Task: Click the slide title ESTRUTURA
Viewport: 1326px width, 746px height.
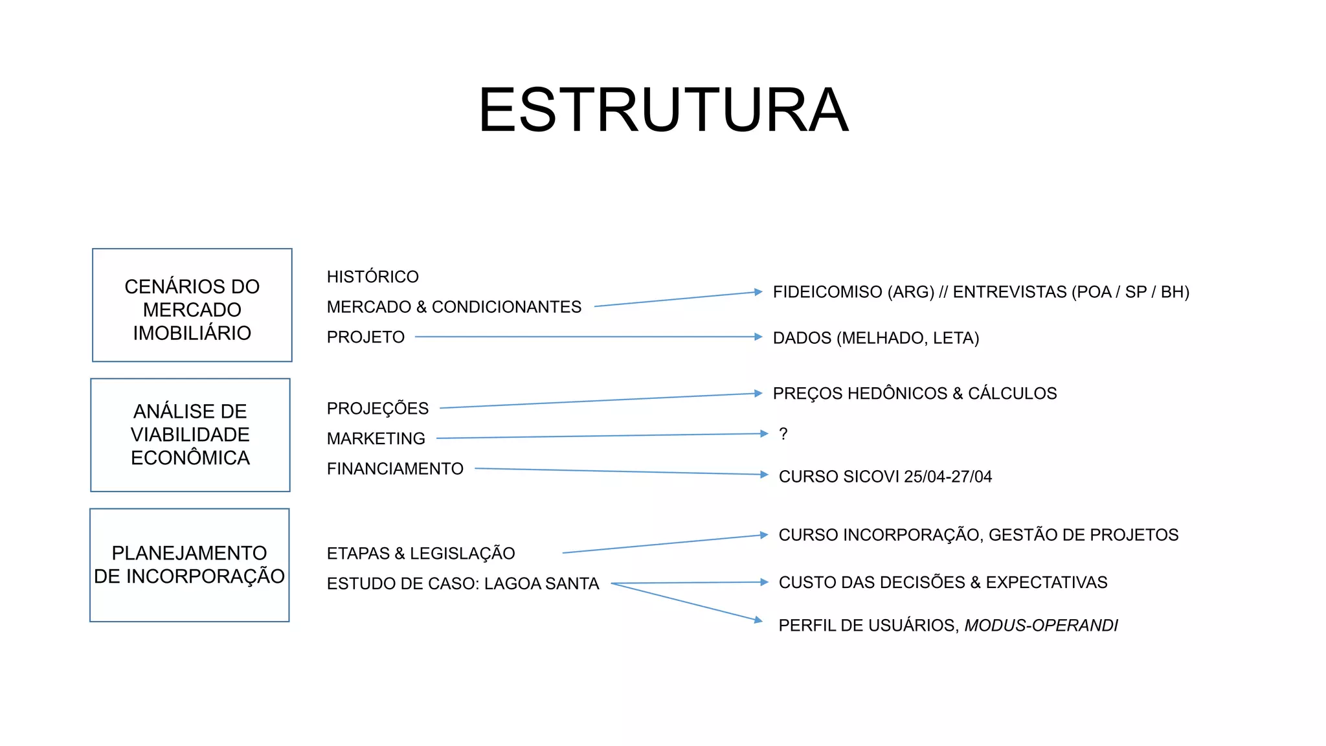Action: pos(663,110)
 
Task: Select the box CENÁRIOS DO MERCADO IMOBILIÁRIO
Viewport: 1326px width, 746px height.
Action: pos(192,305)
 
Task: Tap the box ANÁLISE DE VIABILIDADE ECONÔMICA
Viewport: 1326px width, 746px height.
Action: pos(190,435)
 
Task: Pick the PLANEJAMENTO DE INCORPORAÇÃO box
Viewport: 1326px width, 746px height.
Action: pos(189,565)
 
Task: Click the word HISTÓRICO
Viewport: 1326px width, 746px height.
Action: pos(372,277)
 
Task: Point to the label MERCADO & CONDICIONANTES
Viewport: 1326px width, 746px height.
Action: pos(454,307)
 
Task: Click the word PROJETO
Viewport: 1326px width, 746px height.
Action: pos(365,337)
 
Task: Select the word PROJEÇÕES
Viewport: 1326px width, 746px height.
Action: pos(377,409)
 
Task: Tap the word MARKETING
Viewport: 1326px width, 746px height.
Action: pos(376,439)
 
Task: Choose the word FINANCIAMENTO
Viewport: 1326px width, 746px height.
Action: pos(395,469)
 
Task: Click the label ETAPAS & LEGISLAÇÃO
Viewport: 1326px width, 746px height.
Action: pos(421,554)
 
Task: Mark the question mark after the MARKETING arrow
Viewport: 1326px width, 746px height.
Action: pos(783,434)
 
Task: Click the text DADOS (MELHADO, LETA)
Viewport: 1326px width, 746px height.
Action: pos(875,338)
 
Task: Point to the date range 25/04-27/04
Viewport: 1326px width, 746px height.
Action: pos(948,477)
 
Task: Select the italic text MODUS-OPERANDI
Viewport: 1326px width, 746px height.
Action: pos(1041,626)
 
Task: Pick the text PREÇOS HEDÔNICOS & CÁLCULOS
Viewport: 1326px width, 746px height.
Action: pos(914,394)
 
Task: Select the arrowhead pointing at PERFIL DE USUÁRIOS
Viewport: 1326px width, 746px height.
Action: pos(759,620)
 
